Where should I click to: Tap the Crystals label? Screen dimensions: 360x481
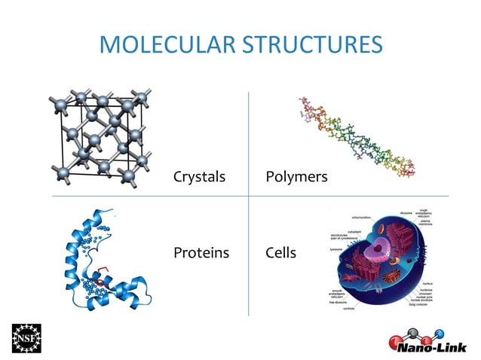[x=199, y=177]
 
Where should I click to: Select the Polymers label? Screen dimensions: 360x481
[x=296, y=177]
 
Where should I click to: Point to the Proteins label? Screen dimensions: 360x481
[x=201, y=252]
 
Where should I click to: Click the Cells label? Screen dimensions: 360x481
[x=280, y=252]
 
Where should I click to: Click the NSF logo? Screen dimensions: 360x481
[x=27, y=338]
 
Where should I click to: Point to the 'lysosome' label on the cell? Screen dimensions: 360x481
[x=337, y=249]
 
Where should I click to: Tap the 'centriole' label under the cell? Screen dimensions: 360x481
[x=350, y=309]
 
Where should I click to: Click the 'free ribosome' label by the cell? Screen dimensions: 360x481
[x=338, y=302]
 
